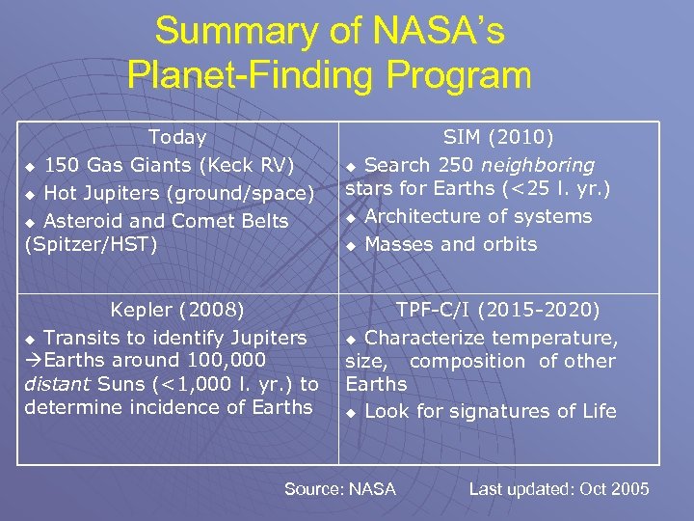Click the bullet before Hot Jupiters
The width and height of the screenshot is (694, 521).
pos(31,194)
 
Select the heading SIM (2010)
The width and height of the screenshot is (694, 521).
pos(498,138)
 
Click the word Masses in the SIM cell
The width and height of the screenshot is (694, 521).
pos(399,244)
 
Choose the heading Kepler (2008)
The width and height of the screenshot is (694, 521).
pos(176,310)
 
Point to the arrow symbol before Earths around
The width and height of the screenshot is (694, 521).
pos(33,361)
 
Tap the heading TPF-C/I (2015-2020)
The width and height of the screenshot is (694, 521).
pos(498,310)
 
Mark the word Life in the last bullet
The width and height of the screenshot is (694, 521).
pos(597,411)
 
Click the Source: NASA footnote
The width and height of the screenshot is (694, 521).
pos(339,489)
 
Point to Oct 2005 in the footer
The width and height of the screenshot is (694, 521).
pos(614,489)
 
